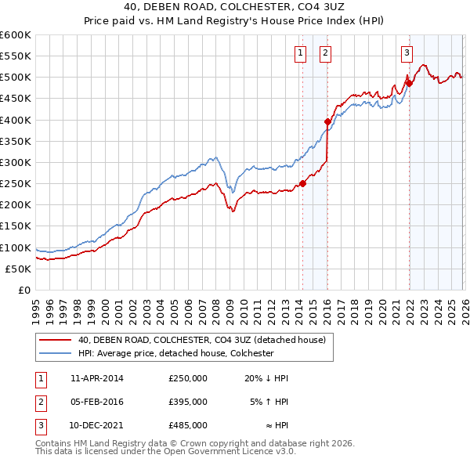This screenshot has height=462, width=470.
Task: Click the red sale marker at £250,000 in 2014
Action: coord(302,184)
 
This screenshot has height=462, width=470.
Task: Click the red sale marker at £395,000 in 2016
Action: coord(327,122)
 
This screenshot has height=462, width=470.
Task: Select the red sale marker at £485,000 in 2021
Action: coord(409,83)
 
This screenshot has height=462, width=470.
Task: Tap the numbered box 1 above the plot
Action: coord(300,53)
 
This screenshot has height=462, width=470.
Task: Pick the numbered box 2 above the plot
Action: coord(325,53)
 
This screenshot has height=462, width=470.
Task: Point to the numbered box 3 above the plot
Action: coord(407,53)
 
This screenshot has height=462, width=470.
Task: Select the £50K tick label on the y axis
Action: coord(19,269)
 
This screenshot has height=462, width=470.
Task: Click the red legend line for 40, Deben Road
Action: coord(56,340)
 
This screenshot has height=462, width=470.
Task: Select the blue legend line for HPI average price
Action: coord(56,353)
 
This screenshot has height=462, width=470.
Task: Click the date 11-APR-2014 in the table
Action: coord(96,378)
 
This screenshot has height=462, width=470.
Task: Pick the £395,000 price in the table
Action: coord(188,401)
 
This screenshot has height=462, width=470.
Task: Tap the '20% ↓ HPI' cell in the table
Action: coord(266,378)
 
